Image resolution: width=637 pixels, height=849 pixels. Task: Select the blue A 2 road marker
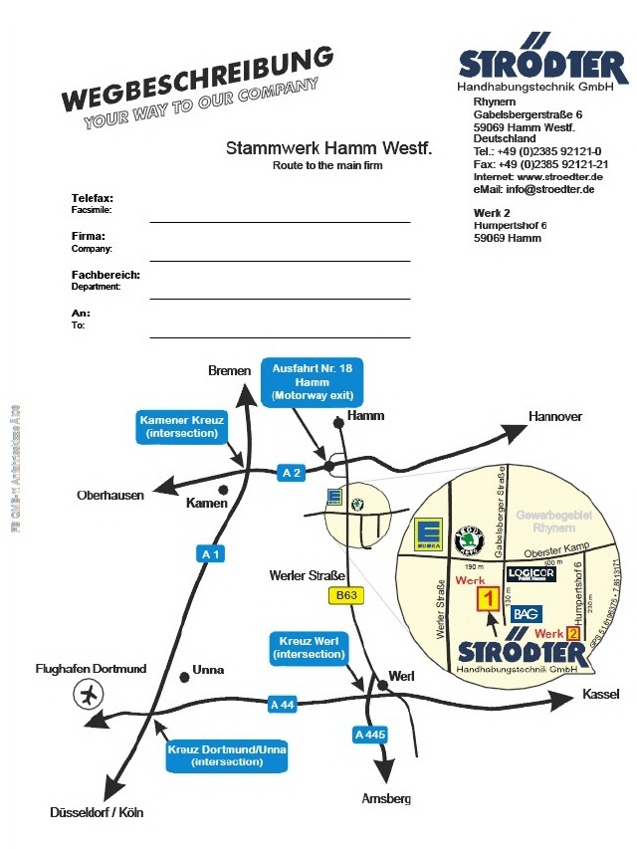pyautogui.click(x=292, y=474)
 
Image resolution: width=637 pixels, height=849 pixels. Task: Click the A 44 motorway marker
pyautogui.click(x=284, y=705)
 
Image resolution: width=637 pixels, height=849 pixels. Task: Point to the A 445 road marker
pyautogui.click(x=369, y=735)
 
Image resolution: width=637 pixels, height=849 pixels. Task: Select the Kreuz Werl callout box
pyautogui.click(x=308, y=649)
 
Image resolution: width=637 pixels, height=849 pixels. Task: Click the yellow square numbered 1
pyautogui.click(x=489, y=598)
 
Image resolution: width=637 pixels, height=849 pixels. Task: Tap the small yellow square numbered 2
pyautogui.click(x=573, y=633)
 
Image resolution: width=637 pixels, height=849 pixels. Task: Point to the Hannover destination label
pyautogui.click(x=555, y=416)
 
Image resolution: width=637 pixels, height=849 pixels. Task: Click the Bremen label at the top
pyautogui.click(x=229, y=370)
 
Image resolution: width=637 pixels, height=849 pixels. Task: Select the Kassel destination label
pyautogui.click(x=601, y=694)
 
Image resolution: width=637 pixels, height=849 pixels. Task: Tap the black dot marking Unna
pyautogui.click(x=184, y=677)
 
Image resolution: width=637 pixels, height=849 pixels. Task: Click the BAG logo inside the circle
pyautogui.click(x=525, y=613)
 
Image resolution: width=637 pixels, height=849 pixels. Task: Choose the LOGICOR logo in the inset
pyautogui.click(x=531, y=574)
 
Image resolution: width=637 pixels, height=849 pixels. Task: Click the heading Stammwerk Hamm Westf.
pyautogui.click(x=328, y=148)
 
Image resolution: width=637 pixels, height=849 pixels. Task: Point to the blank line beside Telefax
pyautogui.click(x=280, y=221)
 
